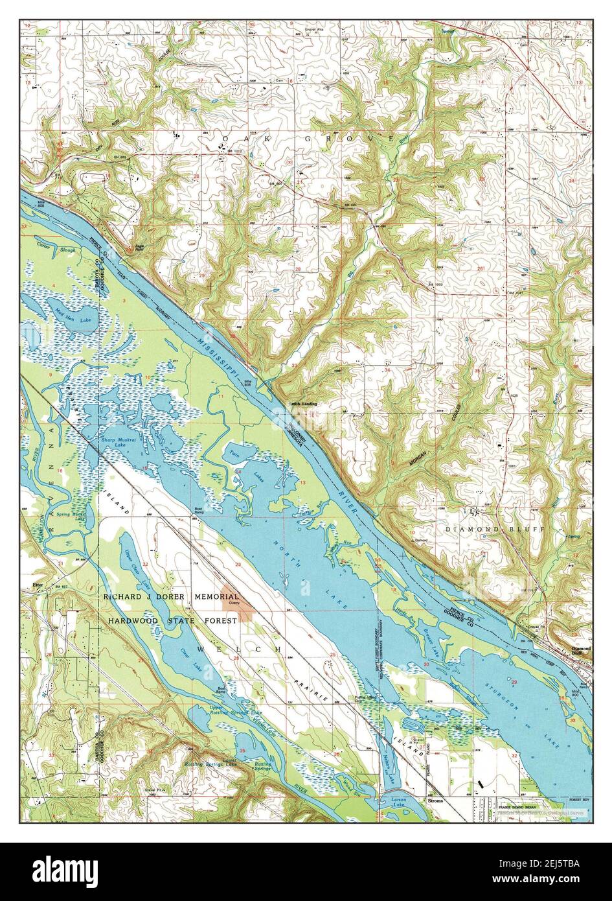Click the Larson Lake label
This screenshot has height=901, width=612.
pyautogui.click(x=399, y=802)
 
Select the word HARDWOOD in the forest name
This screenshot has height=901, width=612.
pyautogui.click(x=135, y=620)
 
